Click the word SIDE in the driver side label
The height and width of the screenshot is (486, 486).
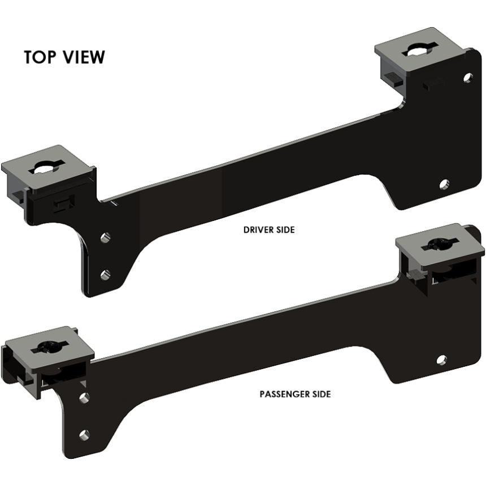tap(286, 230)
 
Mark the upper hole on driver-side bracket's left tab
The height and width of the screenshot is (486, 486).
tap(105, 237)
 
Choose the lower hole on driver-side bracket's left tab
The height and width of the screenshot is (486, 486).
tap(105, 275)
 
